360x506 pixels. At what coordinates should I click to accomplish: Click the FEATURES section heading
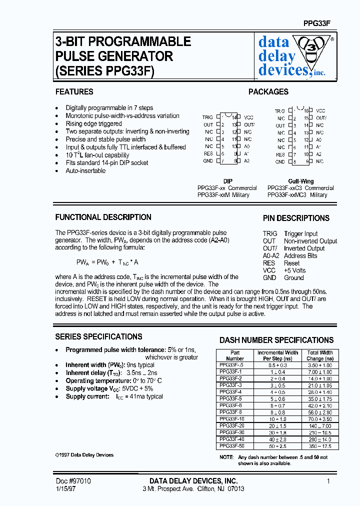pyautogui.click(x=74, y=92)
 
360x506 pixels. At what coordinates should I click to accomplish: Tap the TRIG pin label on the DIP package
pyautogui.click(x=207, y=117)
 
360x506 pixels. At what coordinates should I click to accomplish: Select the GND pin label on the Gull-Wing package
pyautogui.click(x=280, y=162)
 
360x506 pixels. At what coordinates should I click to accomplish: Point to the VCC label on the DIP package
pyautogui.click(x=248, y=117)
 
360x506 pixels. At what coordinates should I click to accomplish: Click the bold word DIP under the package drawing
pyautogui.click(x=227, y=181)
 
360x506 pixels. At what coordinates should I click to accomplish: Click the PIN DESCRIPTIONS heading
pyautogui.click(x=296, y=218)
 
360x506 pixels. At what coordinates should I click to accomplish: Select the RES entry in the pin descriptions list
pyautogui.click(x=269, y=263)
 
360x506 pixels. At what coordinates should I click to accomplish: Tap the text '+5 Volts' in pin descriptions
pyautogui.click(x=294, y=270)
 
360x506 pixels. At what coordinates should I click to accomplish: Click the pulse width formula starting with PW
pyautogui.click(x=107, y=262)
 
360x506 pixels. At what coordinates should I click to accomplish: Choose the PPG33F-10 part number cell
pyautogui.click(x=231, y=418)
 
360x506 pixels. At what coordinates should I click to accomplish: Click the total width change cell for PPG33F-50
pyautogui.click(x=319, y=445)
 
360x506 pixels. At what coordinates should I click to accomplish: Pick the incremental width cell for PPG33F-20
pyautogui.click(x=277, y=425)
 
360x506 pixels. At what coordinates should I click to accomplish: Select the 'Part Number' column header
pyautogui.click(x=235, y=355)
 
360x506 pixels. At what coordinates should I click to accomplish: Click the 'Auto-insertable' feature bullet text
pyautogui.click(x=85, y=171)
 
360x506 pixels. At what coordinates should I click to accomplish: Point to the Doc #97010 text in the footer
pyautogui.click(x=73, y=481)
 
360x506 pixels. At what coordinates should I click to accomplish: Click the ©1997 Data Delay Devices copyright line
pyautogui.click(x=84, y=455)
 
